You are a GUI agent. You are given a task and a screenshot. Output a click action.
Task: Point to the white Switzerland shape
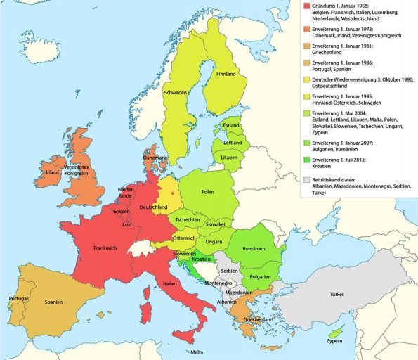pos(144,247)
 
